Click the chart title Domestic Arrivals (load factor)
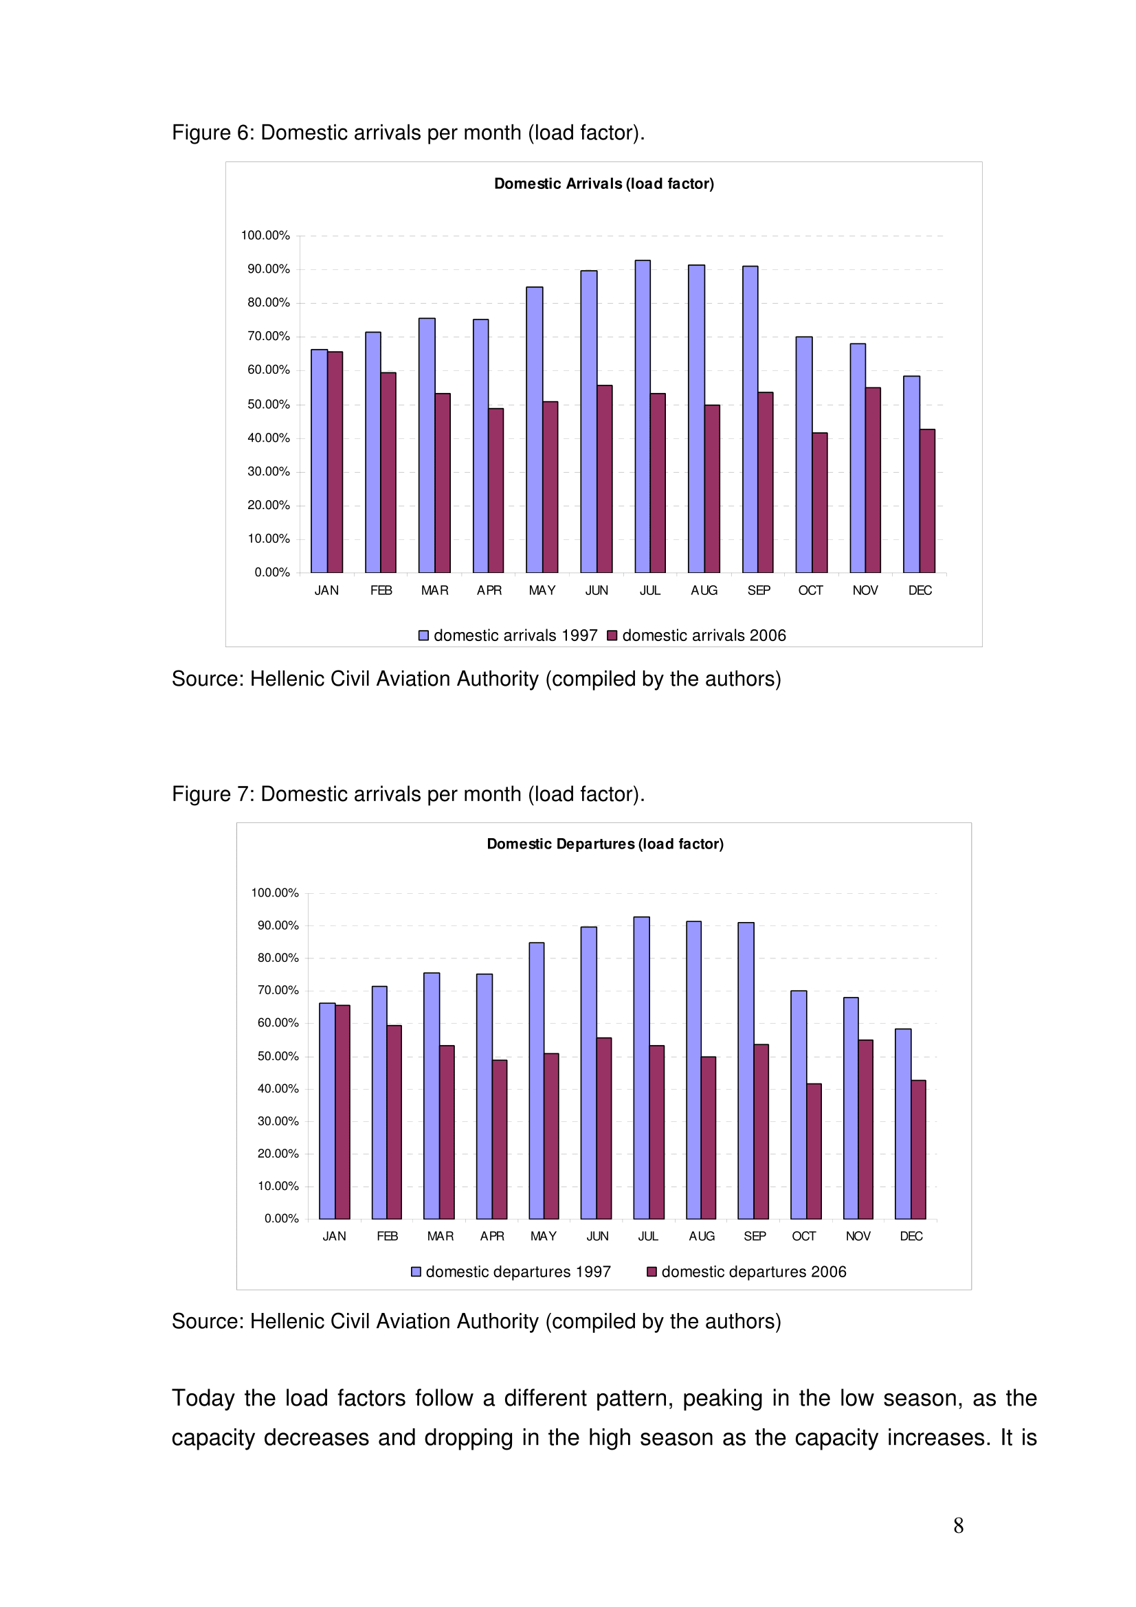[x=603, y=183]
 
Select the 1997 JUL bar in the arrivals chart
[x=643, y=416]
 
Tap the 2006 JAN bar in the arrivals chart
[x=335, y=462]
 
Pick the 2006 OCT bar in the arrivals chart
[x=820, y=502]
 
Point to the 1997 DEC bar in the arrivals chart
[x=911, y=475]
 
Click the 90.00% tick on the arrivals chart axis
[x=268, y=269]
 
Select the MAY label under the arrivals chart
[x=542, y=590]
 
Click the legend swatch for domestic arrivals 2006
[x=612, y=636]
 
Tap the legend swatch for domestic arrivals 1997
[x=423, y=636]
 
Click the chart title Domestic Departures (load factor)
[x=605, y=844]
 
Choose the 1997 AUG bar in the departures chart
[x=693, y=1070]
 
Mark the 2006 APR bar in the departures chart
[x=500, y=1139]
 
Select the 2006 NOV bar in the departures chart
[x=866, y=1130]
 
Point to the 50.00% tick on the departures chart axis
[x=278, y=1056]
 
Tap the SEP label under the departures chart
[x=755, y=1236]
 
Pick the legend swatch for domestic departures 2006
[x=651, y=1272]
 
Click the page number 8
[x=958, y=1525]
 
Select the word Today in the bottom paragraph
[x=203, y=1398]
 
